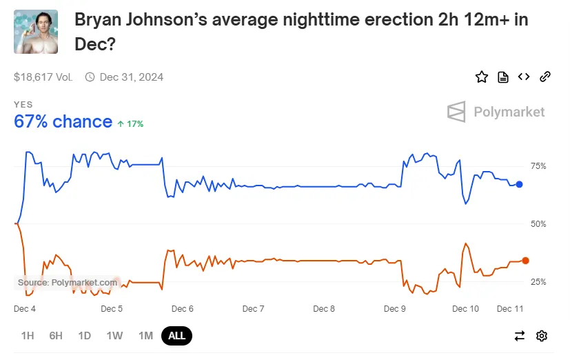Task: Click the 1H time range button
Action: click(28, 336)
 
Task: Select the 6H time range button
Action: click(56, 336)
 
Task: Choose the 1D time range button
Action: click(84, 336)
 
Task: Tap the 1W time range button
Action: click(114, 336)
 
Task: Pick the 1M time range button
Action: click(145, 336)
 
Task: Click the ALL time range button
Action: click(176, 336)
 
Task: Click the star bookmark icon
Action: click(482, 77)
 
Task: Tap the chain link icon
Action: click(544, 77)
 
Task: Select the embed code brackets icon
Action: click(524, 77)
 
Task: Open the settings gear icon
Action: click(542, 336)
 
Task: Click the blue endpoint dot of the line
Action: click(520, 184)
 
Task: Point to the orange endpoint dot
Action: click(525, 261)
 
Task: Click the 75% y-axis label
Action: click(538, 166)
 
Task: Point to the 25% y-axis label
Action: click(538, 282)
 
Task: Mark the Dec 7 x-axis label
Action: click(253, 308)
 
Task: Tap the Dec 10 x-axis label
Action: click(465, 308)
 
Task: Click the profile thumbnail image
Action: click(36, 32)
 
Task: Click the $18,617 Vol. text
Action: click(43, 77)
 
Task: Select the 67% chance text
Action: click(63, 122)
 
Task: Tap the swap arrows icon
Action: click(520, 336)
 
